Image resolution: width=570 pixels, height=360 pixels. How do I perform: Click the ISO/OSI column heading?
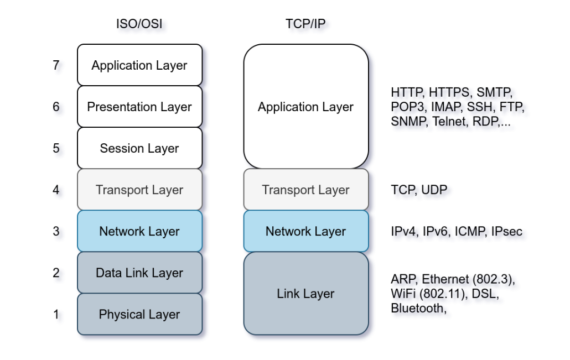pos(139,24)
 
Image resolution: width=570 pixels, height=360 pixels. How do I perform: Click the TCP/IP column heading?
pos(305,24)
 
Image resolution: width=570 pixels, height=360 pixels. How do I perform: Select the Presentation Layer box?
pos(139,107)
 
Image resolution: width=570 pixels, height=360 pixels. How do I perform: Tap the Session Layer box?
pos(139,148)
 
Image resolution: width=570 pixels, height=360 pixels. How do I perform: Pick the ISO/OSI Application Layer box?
pos(139,65)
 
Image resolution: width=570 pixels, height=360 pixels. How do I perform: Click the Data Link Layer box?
pos(139,273)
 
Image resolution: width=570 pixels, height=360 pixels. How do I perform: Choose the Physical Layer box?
pos(139,314)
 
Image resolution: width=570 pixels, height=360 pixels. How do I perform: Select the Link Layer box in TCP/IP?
pos(305,294)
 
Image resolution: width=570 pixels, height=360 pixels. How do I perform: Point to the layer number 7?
pos(56,65)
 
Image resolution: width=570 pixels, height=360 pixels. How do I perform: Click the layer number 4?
pos(56,190)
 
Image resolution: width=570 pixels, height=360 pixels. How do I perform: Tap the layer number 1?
pos(56,314)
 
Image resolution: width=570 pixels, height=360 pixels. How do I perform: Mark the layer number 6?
pos(56,107)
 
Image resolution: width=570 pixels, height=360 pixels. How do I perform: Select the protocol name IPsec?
pos(506,231)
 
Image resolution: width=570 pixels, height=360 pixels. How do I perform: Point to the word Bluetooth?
pos(417,308)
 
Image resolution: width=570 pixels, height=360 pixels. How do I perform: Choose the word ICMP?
pos(470,231)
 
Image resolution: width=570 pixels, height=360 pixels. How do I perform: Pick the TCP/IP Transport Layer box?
pos(305,190)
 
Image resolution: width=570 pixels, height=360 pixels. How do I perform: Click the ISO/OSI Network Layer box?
pos(139,231)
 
